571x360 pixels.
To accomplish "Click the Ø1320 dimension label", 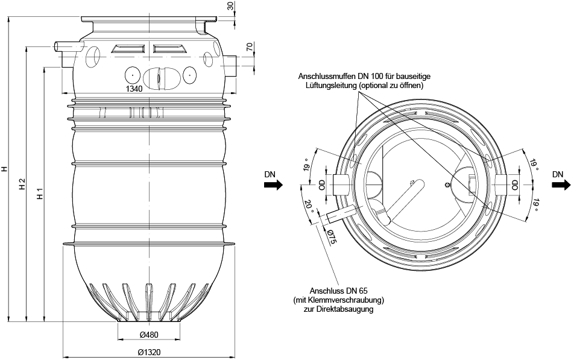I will pyautogui.click(x=150, y=352).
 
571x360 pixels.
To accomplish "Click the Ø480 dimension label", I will pyautogui.click(x=149, y=335).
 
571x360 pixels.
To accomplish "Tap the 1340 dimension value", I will pyautogui.click(x=134, y=89).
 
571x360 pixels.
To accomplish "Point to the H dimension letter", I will pyautogui.click(x=4, y=168).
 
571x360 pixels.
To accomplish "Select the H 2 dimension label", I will pyautogui.click(x=22, y=185).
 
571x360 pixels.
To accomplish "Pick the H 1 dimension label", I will pyautogui.click(x=40, y=195).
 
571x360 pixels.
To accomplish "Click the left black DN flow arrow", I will pyautogui.click(x=273, y=185).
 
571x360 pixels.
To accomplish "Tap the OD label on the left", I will pyautogui.click(x=321, y=185).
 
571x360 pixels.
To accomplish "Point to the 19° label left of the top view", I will pyautogui.click(x=307, y=165).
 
